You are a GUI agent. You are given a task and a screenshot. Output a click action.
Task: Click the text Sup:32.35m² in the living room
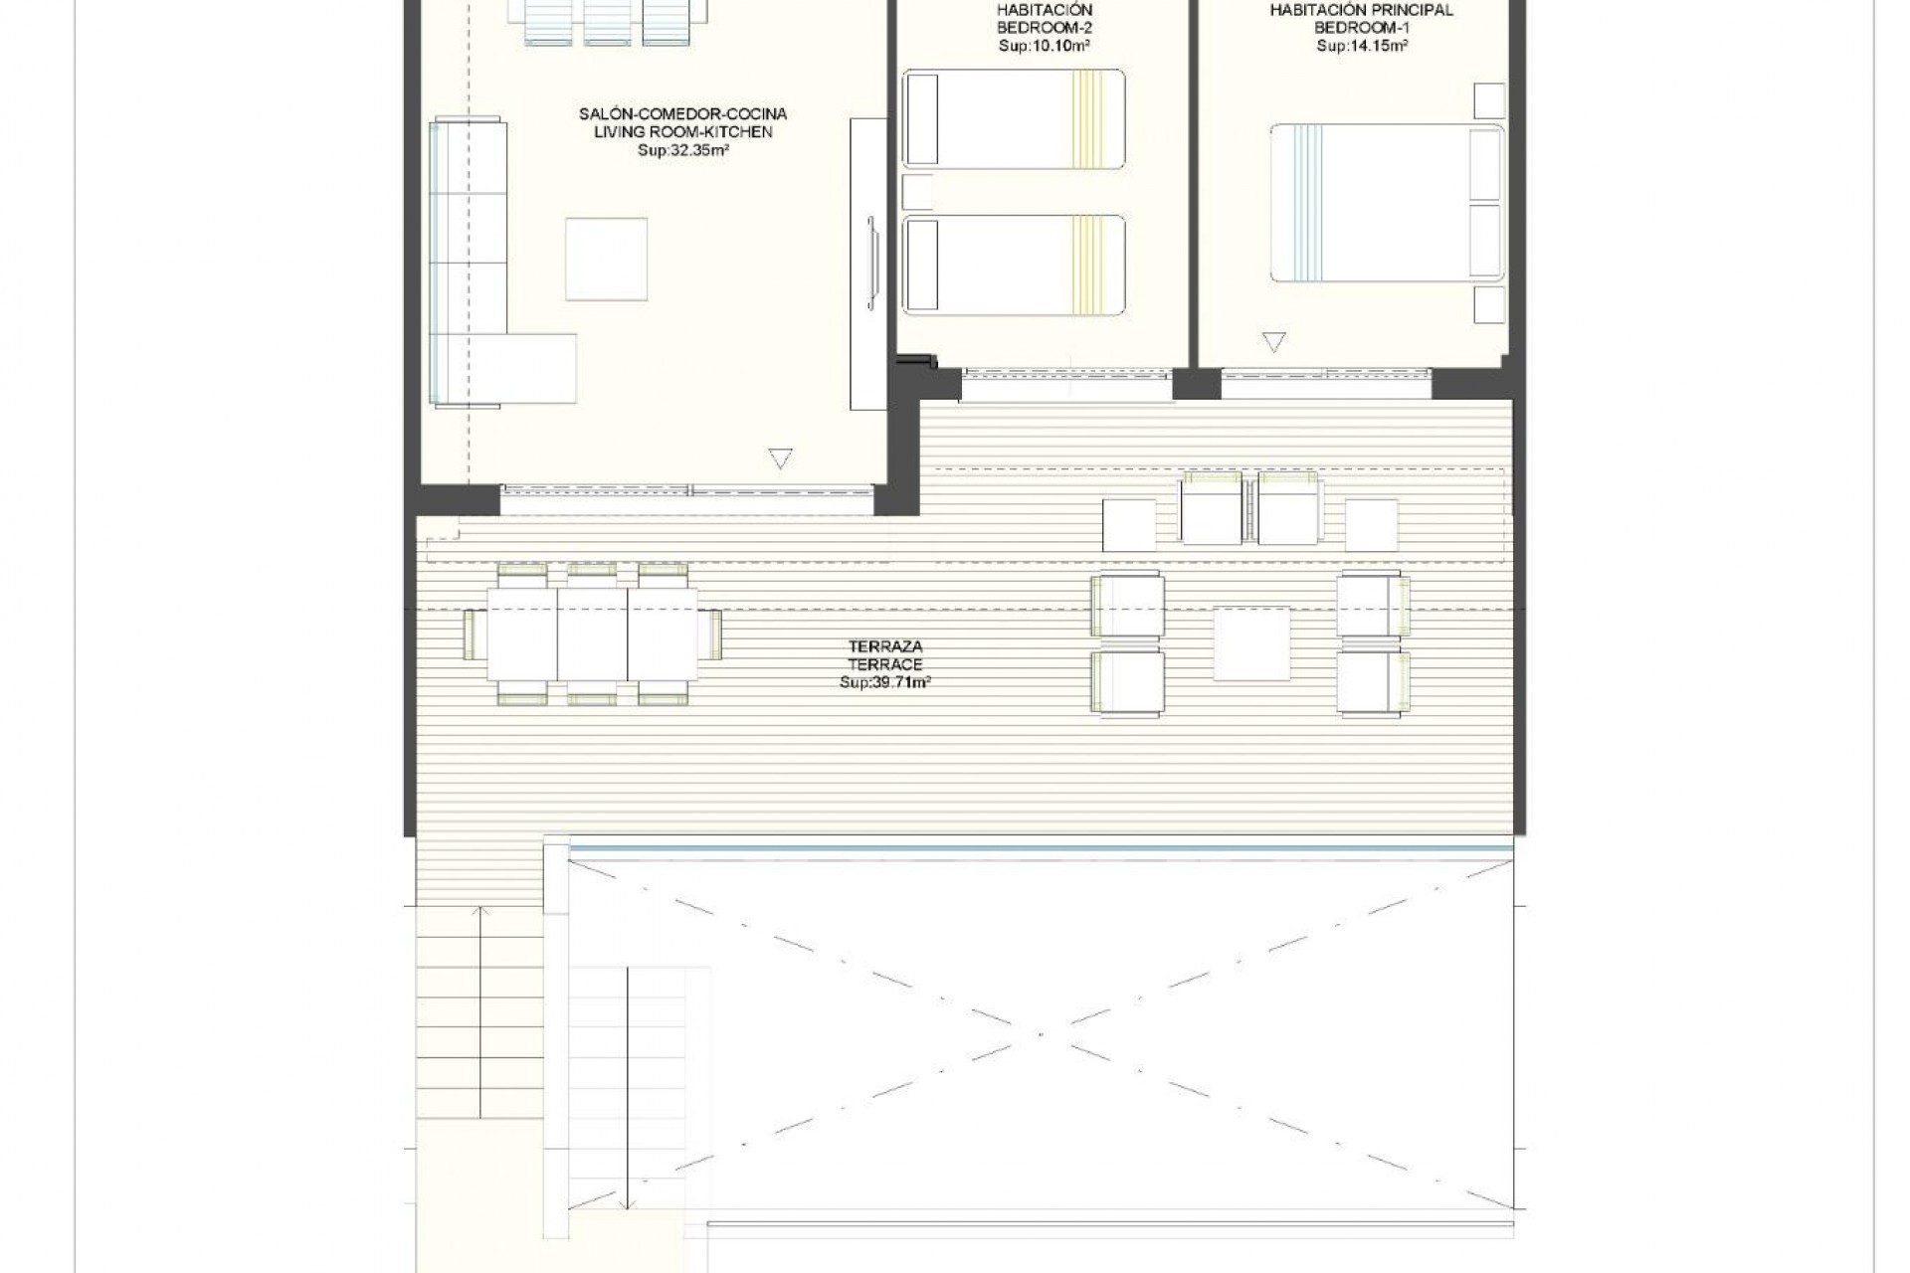682,151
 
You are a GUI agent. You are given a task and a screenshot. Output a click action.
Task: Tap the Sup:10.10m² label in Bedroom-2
1045,46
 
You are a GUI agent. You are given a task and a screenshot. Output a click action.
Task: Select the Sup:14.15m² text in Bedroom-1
1361,46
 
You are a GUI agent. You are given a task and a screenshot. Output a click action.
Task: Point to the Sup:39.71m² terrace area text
885,683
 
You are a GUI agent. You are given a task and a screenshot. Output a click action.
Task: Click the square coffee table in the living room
606,259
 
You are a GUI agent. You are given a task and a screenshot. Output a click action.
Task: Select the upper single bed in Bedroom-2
1014,117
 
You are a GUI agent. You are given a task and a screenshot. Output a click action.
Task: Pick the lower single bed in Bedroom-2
1014,264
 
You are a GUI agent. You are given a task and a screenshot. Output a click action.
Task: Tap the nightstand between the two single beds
917,191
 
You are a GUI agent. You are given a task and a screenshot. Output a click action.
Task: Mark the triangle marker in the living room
781,458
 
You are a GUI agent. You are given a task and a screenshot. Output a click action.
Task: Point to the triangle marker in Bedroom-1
1273,342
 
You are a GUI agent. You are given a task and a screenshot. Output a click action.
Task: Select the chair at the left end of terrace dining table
473,635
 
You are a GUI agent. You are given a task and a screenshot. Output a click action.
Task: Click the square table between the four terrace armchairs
1251,643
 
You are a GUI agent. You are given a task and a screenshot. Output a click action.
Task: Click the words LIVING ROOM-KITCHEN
682,132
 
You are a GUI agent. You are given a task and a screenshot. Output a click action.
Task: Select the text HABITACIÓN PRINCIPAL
1361,10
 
